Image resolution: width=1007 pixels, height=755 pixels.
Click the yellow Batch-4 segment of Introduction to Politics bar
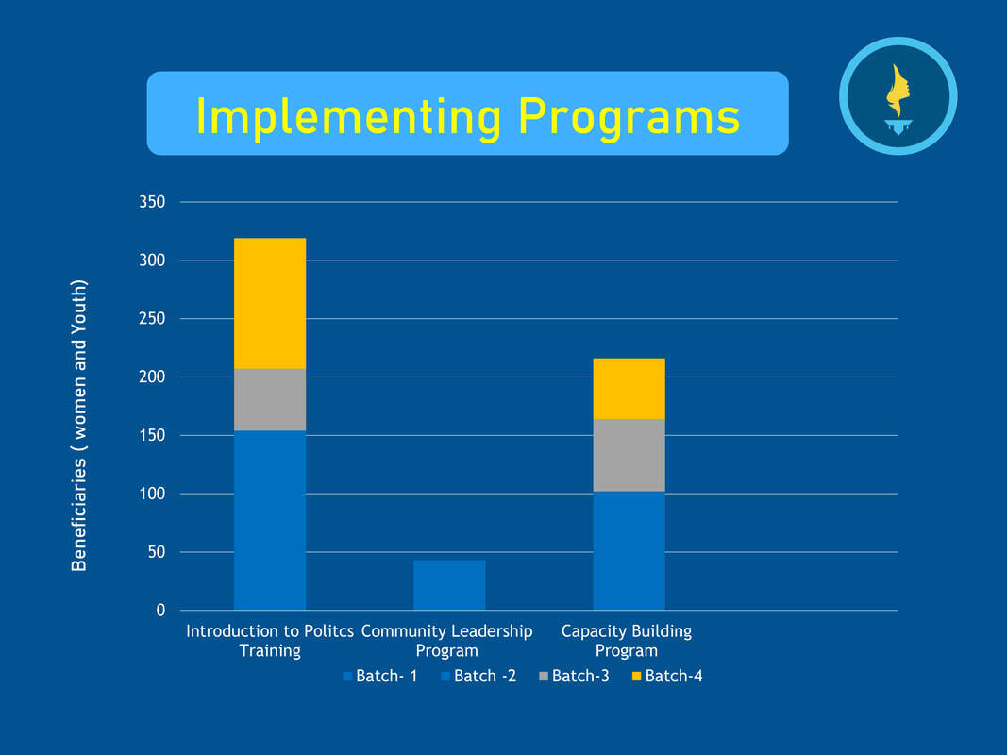[x=270, y=303]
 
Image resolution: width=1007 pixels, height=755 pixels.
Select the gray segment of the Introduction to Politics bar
[x=270, y=399]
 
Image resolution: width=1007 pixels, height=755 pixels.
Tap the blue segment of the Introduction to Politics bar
[x=270, y=520]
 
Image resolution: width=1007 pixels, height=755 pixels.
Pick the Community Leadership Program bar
[x=449, y=585]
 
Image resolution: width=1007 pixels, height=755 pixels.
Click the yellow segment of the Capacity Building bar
[x=629, y=388]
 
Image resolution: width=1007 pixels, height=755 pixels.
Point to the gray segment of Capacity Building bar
[x=629, y=455]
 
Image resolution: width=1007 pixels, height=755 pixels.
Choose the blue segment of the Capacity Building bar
[x=629, y=550]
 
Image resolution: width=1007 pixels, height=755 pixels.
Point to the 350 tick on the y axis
[x=153, y=202]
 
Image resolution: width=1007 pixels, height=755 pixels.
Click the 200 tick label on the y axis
[x=153, y=377]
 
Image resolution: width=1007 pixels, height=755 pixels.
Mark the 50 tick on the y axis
[x=157, y=552]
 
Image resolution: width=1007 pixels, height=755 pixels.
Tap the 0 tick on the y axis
[x=160, y=611]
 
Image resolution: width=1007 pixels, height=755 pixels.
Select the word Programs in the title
[x=629, y=115]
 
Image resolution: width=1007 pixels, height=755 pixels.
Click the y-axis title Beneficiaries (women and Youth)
[x=80, y=425]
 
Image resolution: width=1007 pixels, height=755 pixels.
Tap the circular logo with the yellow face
[x=898, y=95]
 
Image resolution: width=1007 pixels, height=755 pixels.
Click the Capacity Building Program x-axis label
[x=627, y=641]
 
